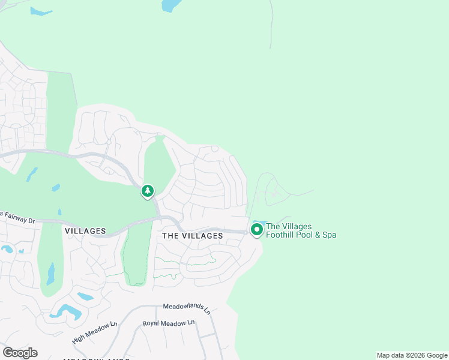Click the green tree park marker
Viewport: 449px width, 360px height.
(x=147, y=191)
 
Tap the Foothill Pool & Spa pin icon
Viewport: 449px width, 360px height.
(x=257, y=229)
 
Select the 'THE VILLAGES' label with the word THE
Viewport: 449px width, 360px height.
(x=193, y=236)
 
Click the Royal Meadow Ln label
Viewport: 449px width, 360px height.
(x=169, y=323)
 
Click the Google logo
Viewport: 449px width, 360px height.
(x=20, y=352)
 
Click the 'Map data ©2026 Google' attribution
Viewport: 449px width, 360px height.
(x=412, y=355)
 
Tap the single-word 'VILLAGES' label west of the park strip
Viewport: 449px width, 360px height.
(x=85, y=231)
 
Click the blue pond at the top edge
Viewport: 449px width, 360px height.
(x=171, y=5)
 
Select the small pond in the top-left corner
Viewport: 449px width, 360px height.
(x=41, y=11)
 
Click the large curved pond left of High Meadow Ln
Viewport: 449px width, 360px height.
(x=67, y=312)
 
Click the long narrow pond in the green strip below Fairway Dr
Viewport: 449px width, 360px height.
(x=51, y=274)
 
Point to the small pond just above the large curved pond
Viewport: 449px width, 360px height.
(x=85, y=296)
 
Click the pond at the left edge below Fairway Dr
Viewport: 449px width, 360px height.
(x=7, y=248)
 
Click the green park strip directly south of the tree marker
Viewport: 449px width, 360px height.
(x=137, y=258)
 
